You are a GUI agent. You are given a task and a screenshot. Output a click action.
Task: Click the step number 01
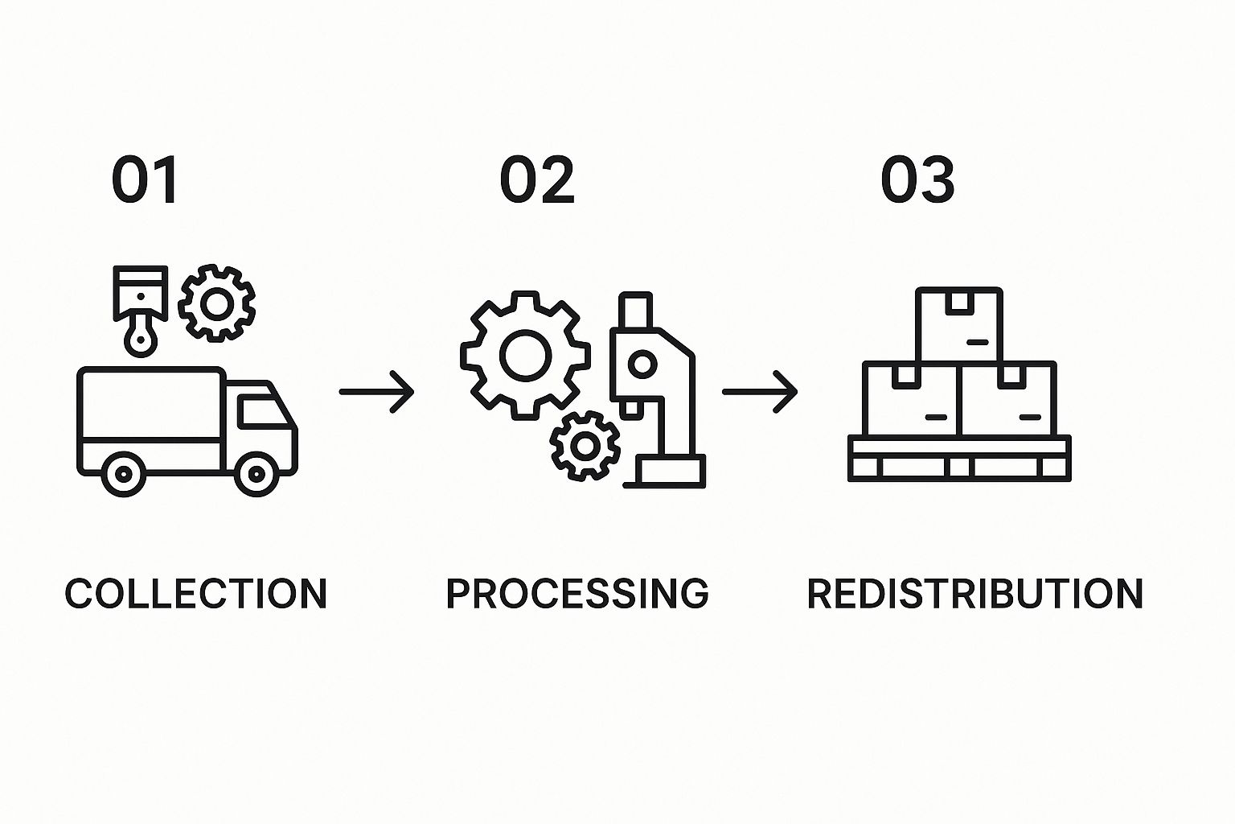(145, 180)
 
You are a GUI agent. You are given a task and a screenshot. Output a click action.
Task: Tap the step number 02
(537, 180)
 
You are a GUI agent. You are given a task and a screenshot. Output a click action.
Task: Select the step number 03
(917, 180)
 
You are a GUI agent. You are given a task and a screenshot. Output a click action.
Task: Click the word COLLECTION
(196, 594)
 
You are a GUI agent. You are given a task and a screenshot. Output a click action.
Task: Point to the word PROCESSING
(577, 594)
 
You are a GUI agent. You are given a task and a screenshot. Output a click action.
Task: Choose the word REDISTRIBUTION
(974, 594)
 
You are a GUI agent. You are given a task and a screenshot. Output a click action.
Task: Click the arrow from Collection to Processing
(376, 392)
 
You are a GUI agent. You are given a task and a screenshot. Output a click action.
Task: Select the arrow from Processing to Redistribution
(760, 392)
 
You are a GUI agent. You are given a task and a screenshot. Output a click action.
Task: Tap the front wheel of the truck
(256, 474)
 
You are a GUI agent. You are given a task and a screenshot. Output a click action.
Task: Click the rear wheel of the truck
(123, 474)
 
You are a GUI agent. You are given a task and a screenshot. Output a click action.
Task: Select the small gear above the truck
(216, 303)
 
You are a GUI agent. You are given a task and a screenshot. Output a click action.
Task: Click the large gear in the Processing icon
(525, 355)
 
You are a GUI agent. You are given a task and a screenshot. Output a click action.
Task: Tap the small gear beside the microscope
(585, 446)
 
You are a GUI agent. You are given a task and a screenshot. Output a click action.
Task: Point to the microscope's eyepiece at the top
(635, 310)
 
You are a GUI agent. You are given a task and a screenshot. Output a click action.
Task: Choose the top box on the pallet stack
(959, 324)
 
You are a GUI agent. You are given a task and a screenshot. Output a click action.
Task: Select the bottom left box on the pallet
(911, 400)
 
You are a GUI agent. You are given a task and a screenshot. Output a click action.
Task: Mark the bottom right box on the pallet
(1008, 400)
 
